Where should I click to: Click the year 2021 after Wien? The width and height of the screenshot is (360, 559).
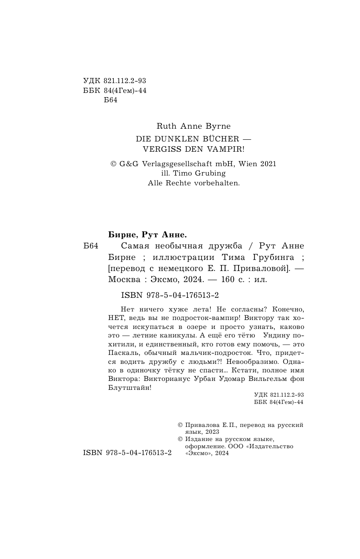click(x=267, y=163)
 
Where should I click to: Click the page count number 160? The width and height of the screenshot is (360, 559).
click(x=232, y=279)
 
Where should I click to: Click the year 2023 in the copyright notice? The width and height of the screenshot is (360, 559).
click(x=212, y=432)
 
